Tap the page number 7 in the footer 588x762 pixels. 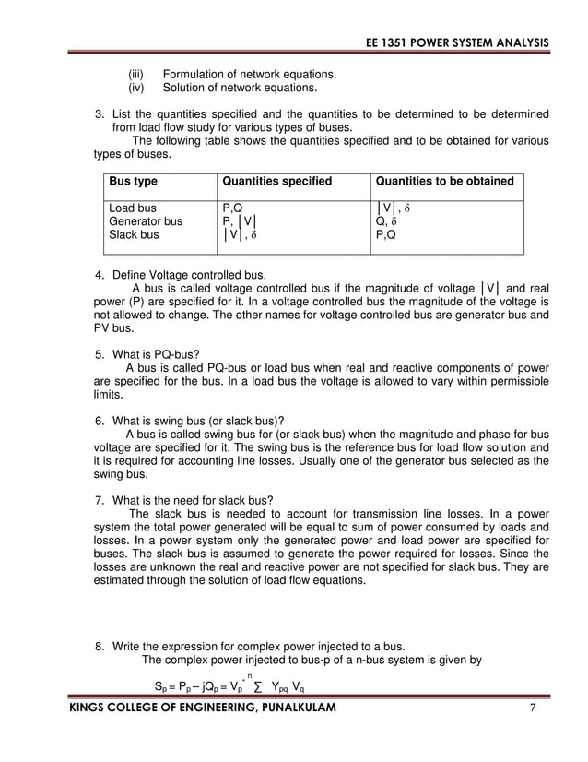coord(532,708)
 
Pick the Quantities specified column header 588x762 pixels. coord(276,181)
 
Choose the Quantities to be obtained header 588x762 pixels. coord(445,181)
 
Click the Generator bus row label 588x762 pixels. coord(146,221)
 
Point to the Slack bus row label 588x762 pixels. coord(134,235)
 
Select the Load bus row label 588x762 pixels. coord(133,208)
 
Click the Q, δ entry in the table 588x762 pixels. coord(385,221)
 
